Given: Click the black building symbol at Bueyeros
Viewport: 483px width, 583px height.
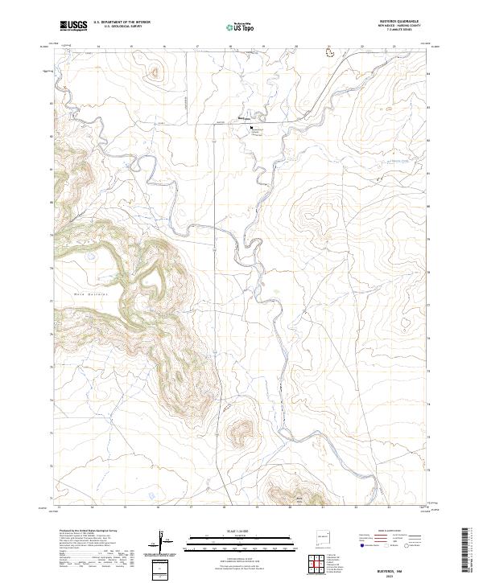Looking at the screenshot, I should click(251, 126).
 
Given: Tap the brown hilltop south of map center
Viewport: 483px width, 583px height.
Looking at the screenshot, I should click(240, 434).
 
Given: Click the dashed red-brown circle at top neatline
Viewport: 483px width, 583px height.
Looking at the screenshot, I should click(328, 51).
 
